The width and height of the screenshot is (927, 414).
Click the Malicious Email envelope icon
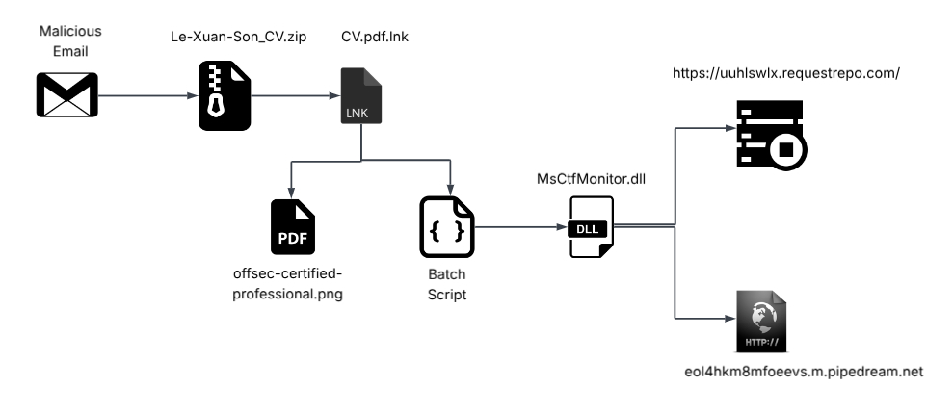[x=67, y=96]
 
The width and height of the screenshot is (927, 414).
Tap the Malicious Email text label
[x=69, y=40]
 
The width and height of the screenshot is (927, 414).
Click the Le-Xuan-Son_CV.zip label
[x=226, y=39]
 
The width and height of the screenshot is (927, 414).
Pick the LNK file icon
[x=362, y=96]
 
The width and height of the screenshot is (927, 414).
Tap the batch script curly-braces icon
[x=447, y=227]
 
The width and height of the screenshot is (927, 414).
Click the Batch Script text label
[x=447, y=285]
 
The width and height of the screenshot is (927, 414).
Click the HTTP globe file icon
[x=761, y=321]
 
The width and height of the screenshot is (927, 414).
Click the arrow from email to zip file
[x=145, y=96]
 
